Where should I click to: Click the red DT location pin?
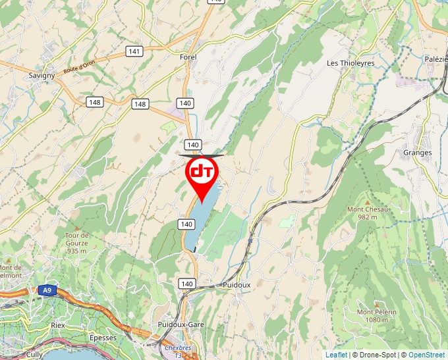[202, 172]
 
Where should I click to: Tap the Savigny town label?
[42, 76]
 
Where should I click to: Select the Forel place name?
[188, 57]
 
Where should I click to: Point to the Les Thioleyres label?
[351, 63]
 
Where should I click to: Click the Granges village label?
[418, 153]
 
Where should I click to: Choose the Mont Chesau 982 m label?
[368, 213]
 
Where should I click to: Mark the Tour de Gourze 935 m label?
[76, 243]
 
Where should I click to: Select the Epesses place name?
[103, 338]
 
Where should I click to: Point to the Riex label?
[58, 325]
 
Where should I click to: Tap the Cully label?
[34, 354]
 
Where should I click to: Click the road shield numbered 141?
[135, 51]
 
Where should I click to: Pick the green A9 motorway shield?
[46, 290]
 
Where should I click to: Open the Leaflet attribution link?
[336, 355]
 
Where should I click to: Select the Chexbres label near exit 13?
[178, 347]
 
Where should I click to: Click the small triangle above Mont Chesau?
[368, 201]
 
